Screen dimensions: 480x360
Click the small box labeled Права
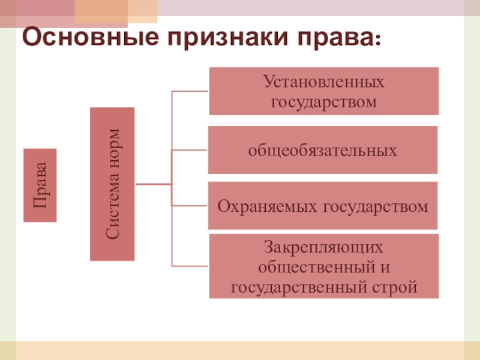(40, 185)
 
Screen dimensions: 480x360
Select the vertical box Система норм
(112, 184)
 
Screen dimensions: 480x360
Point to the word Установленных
(323, 81)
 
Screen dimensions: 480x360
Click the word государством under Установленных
(323, 101)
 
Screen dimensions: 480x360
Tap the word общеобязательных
(323, 149)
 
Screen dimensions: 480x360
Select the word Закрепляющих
(323, 246)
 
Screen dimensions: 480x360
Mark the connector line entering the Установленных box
(190, 91)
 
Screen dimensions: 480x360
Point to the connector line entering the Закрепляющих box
(190, 266)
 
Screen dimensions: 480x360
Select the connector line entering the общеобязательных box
(190, 150)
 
